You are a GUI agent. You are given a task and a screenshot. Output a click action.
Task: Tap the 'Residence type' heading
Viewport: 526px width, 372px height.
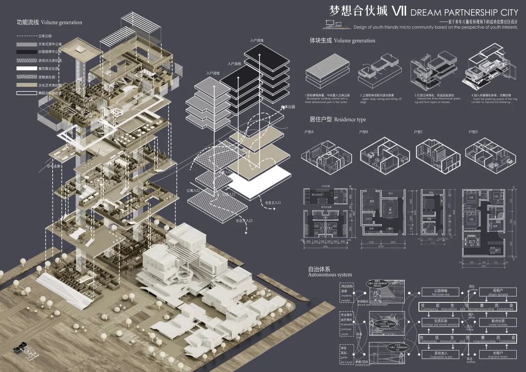point(348,119)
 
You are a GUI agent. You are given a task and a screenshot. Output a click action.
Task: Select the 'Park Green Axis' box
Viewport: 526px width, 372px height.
point(437,293)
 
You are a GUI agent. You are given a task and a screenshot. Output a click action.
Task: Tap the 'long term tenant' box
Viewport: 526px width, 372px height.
point(497,354)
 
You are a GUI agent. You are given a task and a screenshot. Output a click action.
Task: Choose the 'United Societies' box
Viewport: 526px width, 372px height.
point(497,323)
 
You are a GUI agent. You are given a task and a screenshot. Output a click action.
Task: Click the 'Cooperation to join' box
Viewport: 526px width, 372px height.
point(437,355)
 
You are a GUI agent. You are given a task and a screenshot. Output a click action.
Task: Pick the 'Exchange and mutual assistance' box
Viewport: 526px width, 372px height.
point(437,323)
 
